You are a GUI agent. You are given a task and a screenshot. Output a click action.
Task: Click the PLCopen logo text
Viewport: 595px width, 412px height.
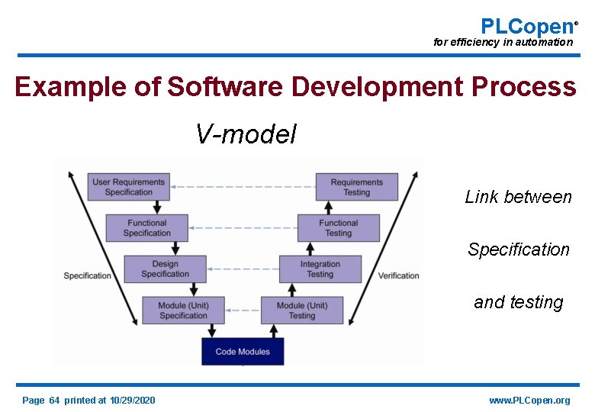526,26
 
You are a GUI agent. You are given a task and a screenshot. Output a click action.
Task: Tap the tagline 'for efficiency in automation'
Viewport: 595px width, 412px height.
503,43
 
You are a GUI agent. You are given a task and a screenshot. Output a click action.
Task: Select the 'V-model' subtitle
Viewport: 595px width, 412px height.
246,134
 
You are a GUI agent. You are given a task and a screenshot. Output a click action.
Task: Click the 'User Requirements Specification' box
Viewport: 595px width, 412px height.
128,187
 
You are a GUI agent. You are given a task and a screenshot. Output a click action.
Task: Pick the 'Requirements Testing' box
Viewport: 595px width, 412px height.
356,187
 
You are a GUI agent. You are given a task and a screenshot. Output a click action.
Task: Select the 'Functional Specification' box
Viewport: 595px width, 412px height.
146,228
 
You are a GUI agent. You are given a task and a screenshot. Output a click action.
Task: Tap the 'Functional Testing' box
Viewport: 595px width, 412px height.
338,228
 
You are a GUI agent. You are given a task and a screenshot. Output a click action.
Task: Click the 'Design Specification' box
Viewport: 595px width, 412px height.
165,269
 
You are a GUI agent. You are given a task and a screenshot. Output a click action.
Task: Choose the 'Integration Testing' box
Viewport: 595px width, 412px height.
320,269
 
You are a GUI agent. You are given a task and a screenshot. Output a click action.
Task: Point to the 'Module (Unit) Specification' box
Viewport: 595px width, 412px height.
183,311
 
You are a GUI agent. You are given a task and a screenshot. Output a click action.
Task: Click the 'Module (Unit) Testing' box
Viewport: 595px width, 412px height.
301,311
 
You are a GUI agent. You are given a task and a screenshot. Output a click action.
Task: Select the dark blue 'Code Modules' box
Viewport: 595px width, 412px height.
242,352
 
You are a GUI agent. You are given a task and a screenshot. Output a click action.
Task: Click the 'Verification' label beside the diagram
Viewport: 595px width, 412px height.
398,275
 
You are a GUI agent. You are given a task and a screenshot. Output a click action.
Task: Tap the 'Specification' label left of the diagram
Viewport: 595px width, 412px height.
87,275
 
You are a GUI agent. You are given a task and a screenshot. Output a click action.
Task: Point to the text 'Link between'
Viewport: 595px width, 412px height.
518,197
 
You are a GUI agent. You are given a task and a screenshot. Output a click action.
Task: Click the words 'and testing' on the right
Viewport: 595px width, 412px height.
518,302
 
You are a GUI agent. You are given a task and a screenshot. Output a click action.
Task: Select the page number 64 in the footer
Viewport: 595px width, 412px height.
54,401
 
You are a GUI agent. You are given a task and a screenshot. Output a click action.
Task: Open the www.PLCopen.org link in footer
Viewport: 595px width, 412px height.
529,401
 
